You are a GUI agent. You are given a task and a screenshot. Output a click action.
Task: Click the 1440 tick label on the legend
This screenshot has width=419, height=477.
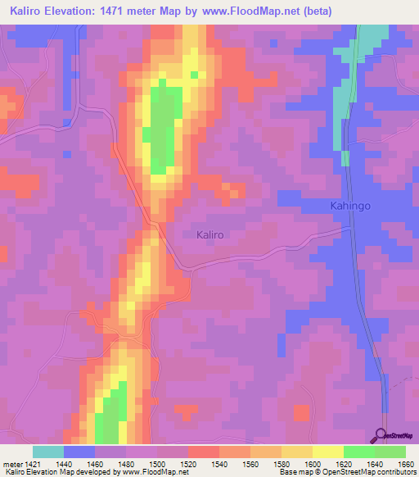coord(63,462)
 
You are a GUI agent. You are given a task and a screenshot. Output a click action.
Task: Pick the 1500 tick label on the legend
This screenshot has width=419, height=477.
coord(156,462)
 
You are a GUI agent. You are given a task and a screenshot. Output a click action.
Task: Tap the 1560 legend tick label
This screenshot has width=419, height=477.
coord(250,462)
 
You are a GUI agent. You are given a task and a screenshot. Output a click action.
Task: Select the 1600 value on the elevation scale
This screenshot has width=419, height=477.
coord(312,462)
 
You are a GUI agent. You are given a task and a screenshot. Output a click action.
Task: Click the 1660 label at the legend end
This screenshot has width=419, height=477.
coord(405,462)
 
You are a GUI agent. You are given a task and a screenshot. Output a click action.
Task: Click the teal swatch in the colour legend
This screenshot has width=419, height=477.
coord(47,452)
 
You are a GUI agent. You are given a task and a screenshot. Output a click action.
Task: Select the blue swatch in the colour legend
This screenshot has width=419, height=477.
coord(79,452)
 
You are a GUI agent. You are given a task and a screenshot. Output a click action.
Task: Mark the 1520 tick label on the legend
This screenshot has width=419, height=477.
coord(187,462)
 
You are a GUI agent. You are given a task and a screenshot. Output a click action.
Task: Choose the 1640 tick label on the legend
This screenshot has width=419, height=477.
coord(374,462)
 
